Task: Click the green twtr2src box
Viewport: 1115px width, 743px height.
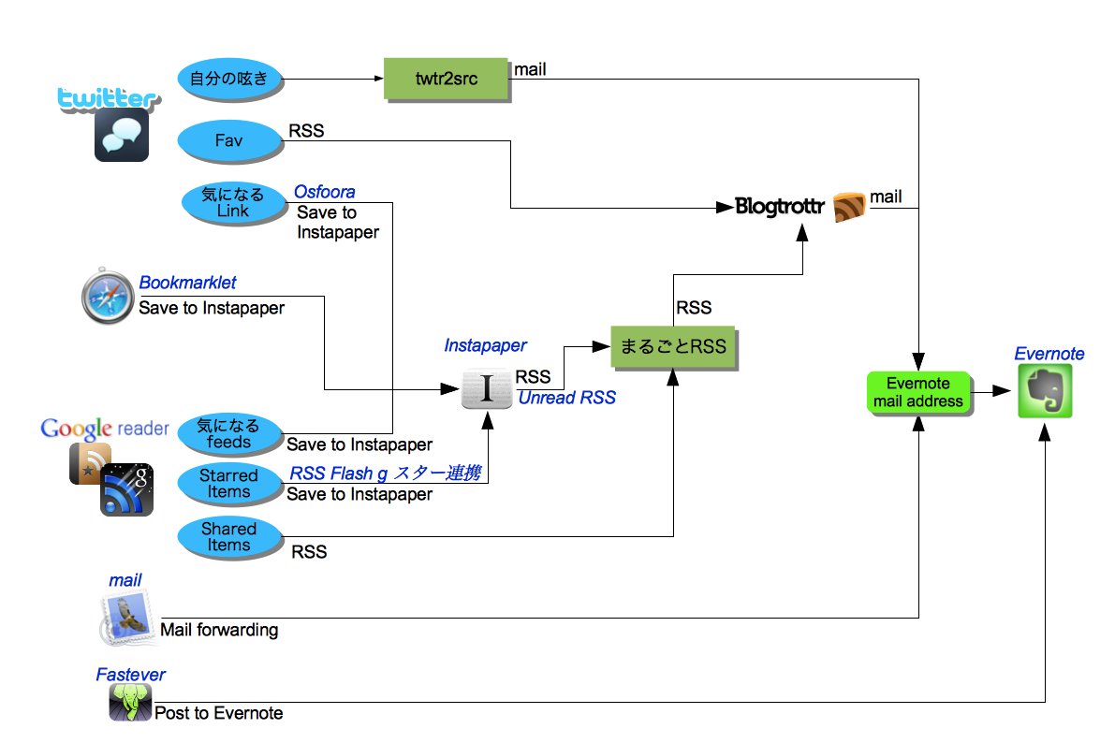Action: [x=447, y=79]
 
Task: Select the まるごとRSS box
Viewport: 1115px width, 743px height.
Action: [x=672, y=346]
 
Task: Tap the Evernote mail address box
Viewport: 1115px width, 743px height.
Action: [x=917, y=392]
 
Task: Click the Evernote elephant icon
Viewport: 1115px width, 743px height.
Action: [x=1045, y=391]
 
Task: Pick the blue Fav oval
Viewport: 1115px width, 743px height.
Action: [x=228, y=140]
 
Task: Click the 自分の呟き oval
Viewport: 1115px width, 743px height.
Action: [x=228, y=79]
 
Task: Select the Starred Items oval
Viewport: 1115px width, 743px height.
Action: [x=228, y=484]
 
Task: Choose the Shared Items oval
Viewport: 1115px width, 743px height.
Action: [x=228, y=537]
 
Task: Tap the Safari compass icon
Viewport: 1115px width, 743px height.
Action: [x=108, y=299]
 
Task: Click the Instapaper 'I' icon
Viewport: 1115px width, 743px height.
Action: [x=487, y=389]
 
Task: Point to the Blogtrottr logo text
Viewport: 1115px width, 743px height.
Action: [x=779, y=207]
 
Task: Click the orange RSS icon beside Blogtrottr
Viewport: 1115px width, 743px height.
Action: [x=849, y=207]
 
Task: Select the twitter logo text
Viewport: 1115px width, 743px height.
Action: [x=105, y=98]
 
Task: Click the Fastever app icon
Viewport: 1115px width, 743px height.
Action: [x=130, y=702]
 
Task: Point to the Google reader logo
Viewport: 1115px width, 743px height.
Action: [x=104, y=429]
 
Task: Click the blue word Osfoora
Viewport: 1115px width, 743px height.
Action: [x=324, y=192]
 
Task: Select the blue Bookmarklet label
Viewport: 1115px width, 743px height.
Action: [x=187, y=283]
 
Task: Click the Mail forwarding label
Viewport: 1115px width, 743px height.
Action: [x=219, y=630]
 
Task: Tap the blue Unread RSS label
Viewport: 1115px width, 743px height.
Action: [x=566, y=398]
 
